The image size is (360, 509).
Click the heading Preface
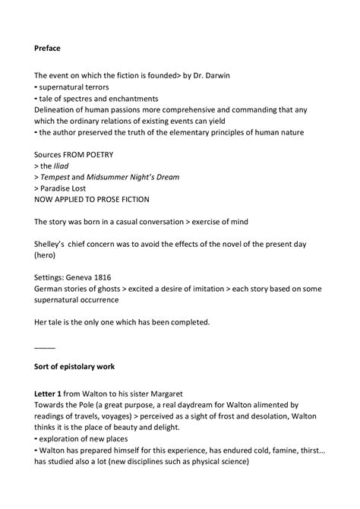(x=48, y=48)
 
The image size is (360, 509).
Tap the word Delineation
(x=60, y=109)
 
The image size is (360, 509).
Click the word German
(x=52, y=289)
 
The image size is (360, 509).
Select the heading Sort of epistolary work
(x=74, y=367)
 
